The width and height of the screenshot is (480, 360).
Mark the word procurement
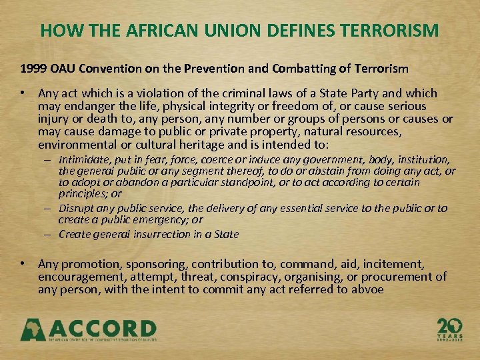pos(399,277)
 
